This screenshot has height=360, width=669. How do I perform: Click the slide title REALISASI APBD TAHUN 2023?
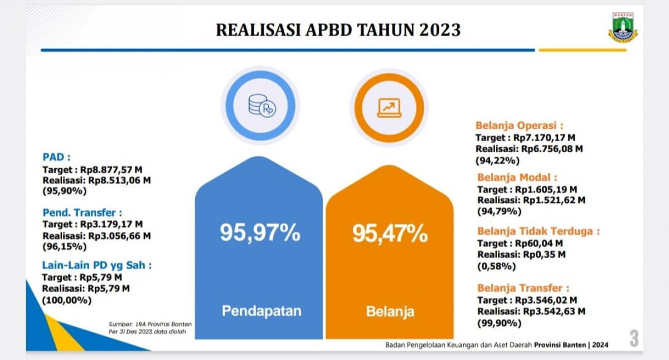pyautogui.click(x=338, y=30)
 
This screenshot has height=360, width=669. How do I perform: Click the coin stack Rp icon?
pyautogui.click(x=261, y=105)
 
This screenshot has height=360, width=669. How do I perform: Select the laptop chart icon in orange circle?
pyautogui.click(x=389, y=107)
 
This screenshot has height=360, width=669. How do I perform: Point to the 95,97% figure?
pyautogui.click(x=260, y=233)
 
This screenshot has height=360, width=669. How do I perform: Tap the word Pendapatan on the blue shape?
pyautogui.click(x=261, y=310)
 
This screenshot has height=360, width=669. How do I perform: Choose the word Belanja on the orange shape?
pyautogui.click(x=390, y=311)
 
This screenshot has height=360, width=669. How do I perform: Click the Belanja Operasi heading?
pyautogui.click(x=520, y=125)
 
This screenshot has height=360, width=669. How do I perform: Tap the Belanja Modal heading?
pyautogui.click(x=517, y=177)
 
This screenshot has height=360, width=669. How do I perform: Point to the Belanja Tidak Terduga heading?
pyautogui.click(x=539, y=231)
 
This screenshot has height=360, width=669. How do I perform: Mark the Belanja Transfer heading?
pyautogui.click(x=523, y=288)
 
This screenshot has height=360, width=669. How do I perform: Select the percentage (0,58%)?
pyautogui.click(x=496, y=266)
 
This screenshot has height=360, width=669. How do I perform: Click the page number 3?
pyautogui.click(x=634, y=338)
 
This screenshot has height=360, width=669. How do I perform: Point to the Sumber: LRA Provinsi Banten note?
pyautogui.click(x=150, y=324)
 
